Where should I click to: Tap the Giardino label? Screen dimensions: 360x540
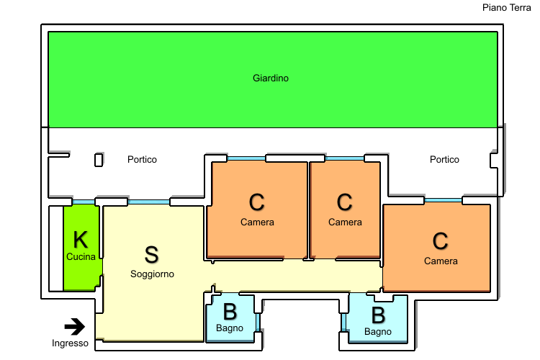271,78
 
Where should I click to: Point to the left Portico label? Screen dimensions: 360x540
142,159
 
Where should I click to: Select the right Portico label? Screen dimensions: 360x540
444,159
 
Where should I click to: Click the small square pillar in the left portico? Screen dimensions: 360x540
99,160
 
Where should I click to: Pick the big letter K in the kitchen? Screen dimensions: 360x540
81,240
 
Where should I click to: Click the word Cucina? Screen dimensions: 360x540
81,256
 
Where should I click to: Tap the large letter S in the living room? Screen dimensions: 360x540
151,254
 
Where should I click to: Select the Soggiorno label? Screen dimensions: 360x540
152,274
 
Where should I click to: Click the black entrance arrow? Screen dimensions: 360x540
75,326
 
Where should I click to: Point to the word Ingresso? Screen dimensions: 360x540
70,343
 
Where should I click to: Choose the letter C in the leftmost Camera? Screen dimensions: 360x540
257,203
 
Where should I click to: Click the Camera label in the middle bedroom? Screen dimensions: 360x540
345,222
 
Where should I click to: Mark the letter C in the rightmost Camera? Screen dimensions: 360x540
441,240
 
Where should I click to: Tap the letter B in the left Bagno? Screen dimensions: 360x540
230,312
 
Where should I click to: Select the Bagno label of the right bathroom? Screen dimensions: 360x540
378,332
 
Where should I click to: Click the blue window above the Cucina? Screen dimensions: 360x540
84,202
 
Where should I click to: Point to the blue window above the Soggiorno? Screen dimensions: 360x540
149,202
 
